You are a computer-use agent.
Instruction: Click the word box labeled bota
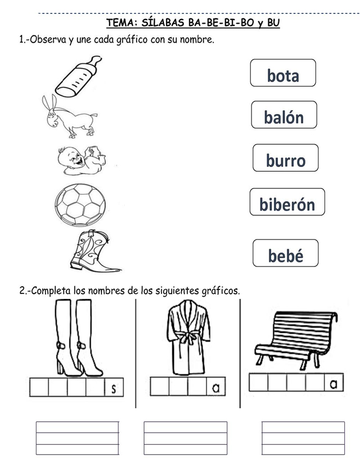[x=283, y=74]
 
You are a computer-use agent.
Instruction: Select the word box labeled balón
[x=284, y=116]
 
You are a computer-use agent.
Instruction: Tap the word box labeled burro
[x=286, y=159]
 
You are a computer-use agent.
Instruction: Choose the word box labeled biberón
[x=287, y=203]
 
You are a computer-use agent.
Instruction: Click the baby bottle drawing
[x=79, y=75]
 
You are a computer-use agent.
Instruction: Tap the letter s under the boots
[x=114, y=389]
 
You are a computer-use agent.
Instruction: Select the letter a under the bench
[x=333, y=384]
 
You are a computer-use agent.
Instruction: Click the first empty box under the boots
[x=39, y=388]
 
